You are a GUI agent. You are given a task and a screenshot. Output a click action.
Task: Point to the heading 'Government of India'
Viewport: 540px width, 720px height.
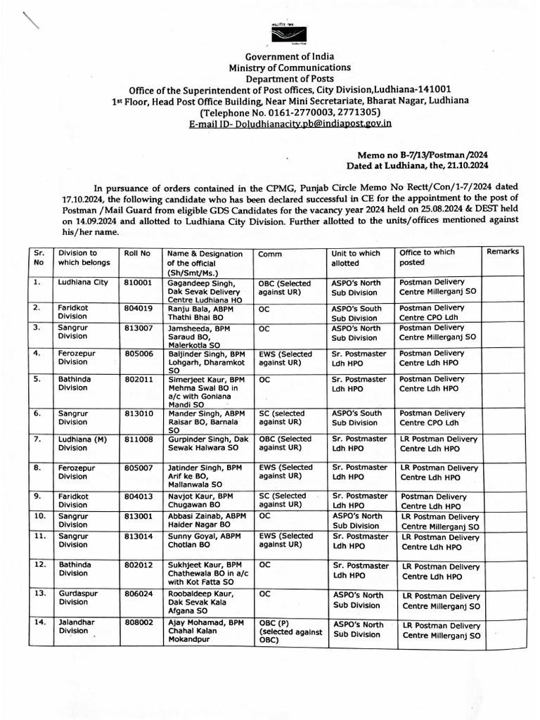[x=290, y=57]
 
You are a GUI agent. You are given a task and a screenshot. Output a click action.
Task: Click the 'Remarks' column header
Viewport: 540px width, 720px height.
[x=502, y=251]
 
